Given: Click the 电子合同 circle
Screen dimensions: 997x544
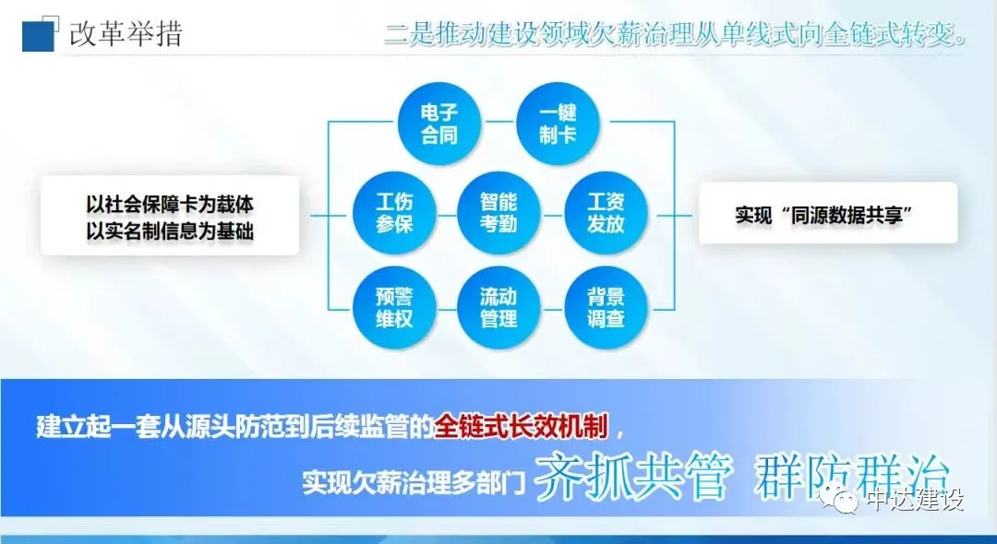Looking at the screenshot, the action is [438, 124].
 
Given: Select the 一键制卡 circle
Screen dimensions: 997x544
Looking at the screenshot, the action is [558, 124].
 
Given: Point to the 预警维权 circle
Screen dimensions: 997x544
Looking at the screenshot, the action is [394, 307].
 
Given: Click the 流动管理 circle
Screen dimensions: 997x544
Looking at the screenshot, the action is [499, 307].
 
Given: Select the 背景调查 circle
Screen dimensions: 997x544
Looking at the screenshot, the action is [606, 307].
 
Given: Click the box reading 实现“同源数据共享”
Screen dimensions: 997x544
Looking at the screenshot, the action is [828, 213].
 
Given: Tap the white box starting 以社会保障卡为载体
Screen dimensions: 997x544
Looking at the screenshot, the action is [170, 216].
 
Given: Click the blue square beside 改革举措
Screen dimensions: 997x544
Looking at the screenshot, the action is [39, 35].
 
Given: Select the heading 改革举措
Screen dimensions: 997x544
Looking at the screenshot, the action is [126, 33].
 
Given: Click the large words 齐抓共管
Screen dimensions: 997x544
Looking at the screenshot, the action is [631, 477].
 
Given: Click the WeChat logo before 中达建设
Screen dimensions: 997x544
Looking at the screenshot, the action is [839, 499].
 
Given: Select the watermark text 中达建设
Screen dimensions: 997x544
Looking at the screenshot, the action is [915, 499].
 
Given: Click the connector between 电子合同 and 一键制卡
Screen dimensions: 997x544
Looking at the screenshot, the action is [498, 121].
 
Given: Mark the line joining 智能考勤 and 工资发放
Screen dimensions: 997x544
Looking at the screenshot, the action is [553, 215].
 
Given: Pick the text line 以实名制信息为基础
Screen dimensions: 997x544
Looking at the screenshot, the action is [170, 231].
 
